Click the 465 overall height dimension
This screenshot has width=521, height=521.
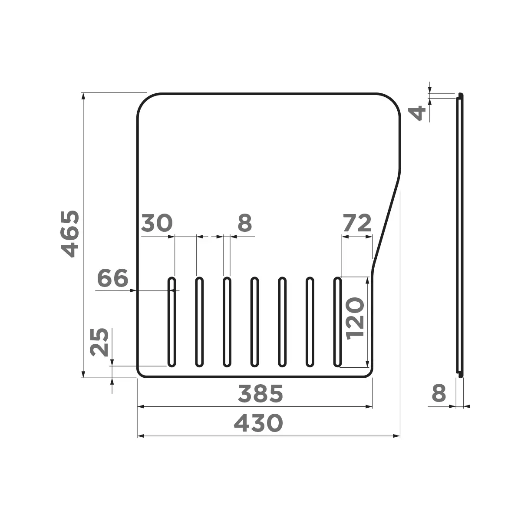[x=69, y=234]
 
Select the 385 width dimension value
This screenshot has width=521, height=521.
[x=260, y=394]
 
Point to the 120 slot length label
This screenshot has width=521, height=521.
[x=355, y=318]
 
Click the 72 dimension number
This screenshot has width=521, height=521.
[x=357, y=223]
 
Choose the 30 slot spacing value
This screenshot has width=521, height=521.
[x=157, y=223]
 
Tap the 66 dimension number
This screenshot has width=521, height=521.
[x=113, y=278]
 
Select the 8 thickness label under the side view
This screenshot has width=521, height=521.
[x=439, y=394]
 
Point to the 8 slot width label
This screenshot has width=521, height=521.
[x=245, y=223]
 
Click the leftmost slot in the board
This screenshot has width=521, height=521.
[x=172, y=321]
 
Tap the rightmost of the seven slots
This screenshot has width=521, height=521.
[x=337, y=321]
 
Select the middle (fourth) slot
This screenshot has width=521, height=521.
[x=254, y=321]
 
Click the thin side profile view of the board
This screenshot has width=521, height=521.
[x=459, y=234]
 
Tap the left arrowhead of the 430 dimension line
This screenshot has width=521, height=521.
[x=140, y=435]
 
